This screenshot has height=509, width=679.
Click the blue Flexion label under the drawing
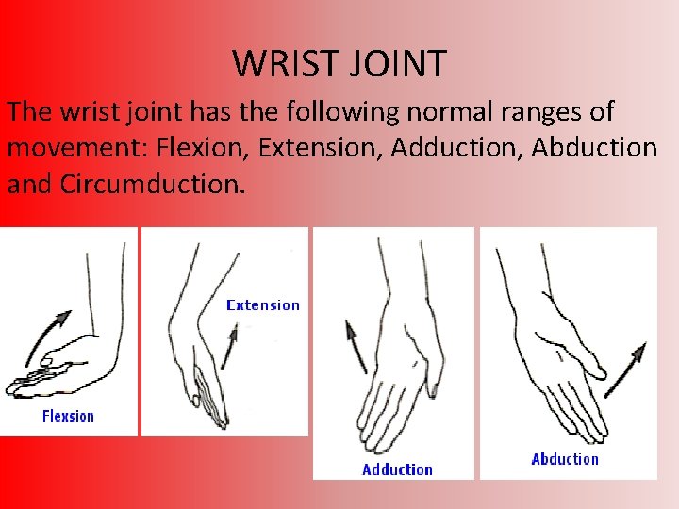(x=68, y=416)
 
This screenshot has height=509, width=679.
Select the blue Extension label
(x=263, y=304)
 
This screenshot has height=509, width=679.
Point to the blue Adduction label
(x=397, y=468)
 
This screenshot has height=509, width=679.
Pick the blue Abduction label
(x=565, y=459)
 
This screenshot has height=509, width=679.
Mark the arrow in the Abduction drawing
(x=624, y=369)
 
